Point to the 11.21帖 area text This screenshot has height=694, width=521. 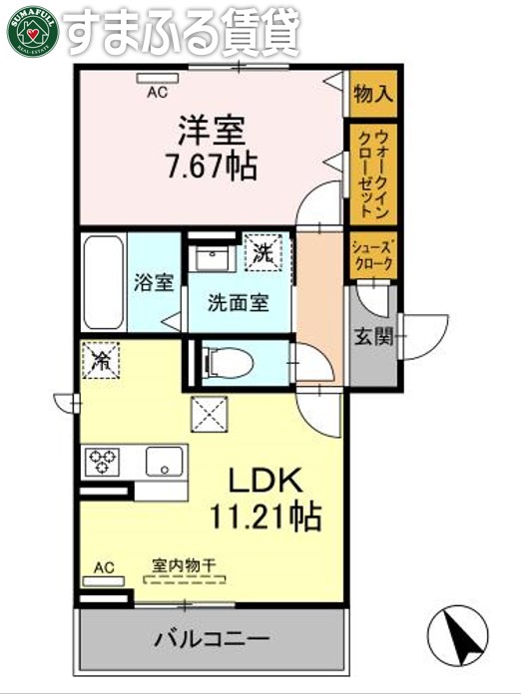coord(264,516)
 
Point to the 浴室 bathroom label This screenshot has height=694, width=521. coord(154,282)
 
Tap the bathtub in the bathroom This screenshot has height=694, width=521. coord(103,281)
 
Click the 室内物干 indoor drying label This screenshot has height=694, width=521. coord(184,565)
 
